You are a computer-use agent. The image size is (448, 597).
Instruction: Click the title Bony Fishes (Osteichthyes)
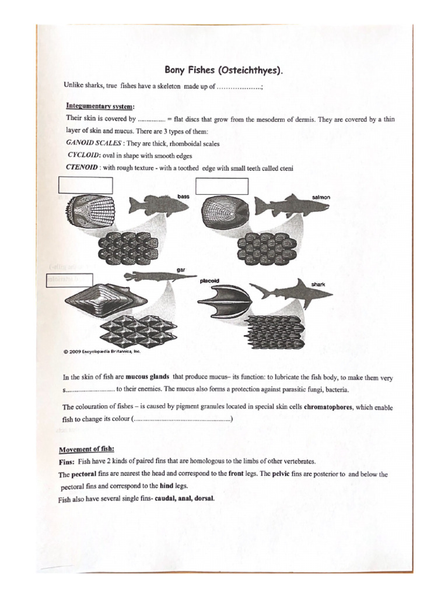(x=224, y=70)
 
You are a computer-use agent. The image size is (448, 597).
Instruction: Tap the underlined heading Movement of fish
(x=86, y=449)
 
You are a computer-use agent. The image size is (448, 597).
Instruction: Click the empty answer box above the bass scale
(x=86, y=185)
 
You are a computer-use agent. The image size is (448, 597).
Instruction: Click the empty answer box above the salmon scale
(x=222, y=186)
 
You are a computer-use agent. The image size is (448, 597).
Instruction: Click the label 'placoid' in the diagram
(x=209, y=281)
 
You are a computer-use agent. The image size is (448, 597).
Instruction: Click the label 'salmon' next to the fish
(x=321, y=198)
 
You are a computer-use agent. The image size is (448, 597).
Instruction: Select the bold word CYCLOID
(x=84, y=156)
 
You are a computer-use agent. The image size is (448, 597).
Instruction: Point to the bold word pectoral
(x=85, y=474)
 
